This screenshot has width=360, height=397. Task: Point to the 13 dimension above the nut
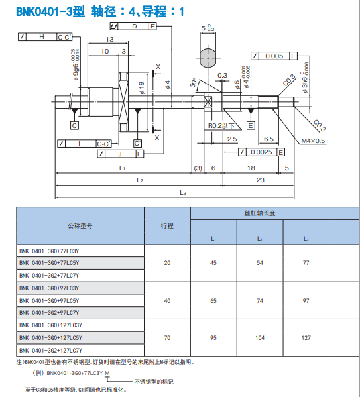point(109,40)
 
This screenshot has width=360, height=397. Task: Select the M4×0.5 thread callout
point(313,141)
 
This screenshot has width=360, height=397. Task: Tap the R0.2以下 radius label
point(221,125)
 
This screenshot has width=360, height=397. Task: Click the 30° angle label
point(193,85)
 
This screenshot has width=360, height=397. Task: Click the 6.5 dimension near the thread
point(269,139)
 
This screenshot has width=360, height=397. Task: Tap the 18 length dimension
point(251,168)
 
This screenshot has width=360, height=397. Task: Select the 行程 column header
point(167,225)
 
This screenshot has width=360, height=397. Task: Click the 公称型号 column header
point(80,225)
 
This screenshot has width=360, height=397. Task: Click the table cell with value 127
point(306,337)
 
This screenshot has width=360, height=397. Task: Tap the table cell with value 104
point(259,337)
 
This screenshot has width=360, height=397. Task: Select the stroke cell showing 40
point(167,300)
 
